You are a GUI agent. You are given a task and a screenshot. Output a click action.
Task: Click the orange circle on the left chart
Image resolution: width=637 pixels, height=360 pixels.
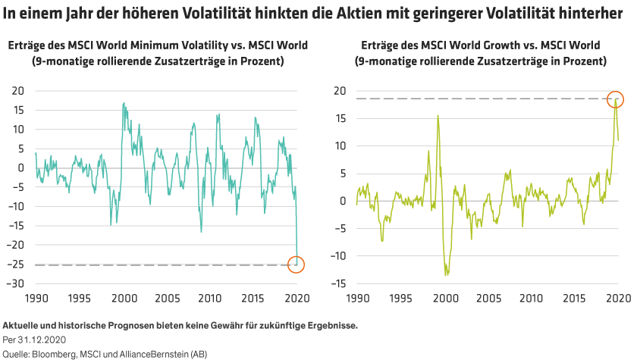click(297, 265)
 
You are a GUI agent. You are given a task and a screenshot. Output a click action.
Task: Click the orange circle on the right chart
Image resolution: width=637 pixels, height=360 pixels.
click(615, 99)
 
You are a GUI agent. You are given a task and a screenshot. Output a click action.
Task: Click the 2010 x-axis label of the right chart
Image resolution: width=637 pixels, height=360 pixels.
click(532, 299)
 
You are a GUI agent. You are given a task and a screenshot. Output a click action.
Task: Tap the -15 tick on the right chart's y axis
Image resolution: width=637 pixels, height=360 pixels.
click(340, 283)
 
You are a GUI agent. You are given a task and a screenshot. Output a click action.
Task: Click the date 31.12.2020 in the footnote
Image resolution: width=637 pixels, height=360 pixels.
click(37, 340)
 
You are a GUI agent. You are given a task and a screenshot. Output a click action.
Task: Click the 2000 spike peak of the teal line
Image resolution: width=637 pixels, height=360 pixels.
click(124, 103)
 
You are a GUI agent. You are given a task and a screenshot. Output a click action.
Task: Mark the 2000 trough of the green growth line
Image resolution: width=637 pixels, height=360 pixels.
click(447, 274)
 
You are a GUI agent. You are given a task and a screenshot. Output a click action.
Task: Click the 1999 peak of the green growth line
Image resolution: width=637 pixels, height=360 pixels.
click(438, 115)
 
